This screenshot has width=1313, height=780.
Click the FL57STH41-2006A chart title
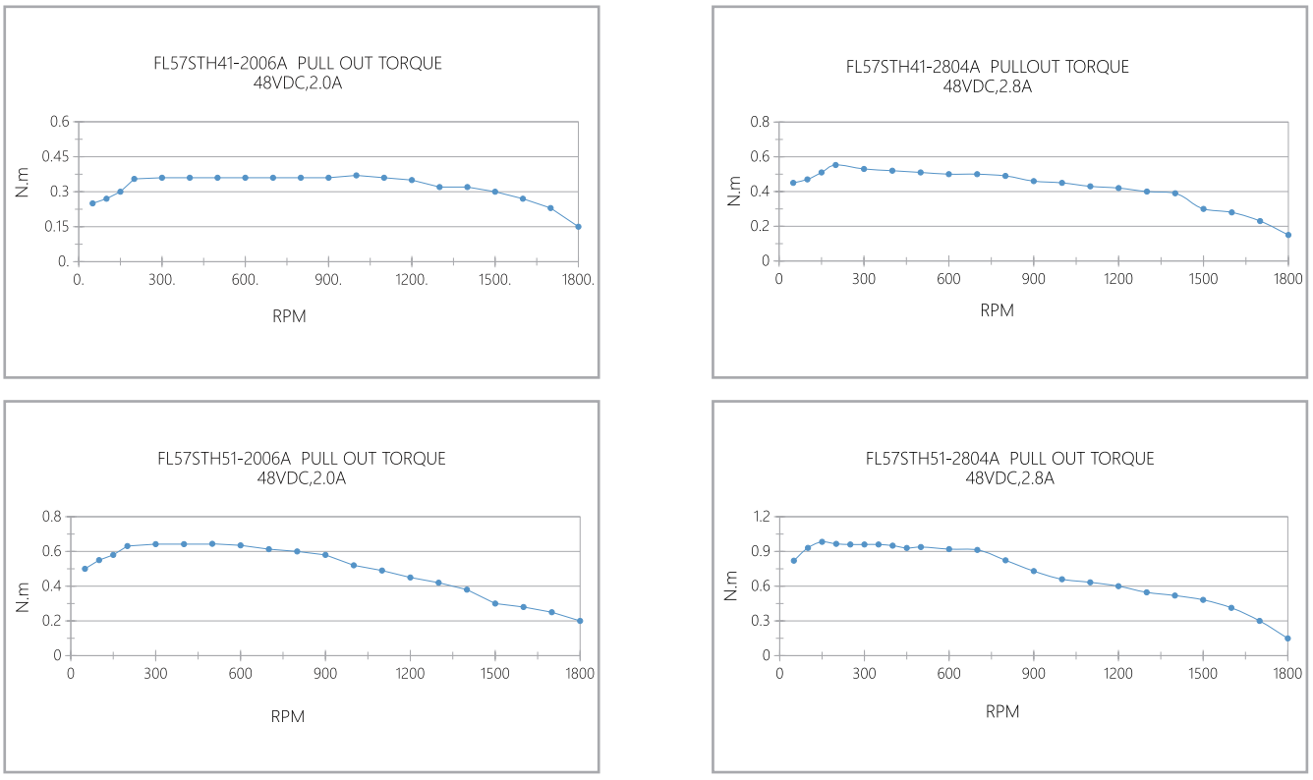[x=293, y=64]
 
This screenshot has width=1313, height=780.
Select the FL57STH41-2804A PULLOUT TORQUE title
[x=987, y=67]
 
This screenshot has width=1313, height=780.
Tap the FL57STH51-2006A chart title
[x=301, y=459]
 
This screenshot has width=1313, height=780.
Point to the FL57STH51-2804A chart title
[x=1009, y=459]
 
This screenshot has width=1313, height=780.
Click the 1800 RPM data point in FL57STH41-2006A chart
[x=578, y=227]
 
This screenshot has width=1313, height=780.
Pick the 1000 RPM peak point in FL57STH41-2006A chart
[x=356, y=175]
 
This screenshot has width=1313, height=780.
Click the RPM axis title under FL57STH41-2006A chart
[x=289, y=315]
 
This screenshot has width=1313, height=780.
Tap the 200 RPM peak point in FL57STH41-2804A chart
[x=835, y=165]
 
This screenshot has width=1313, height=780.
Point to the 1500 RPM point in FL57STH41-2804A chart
[x=1203, y=209]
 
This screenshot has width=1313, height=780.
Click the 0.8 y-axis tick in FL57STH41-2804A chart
[x=760, y=122]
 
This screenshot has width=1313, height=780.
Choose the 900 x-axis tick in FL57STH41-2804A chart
[x=1033, y=279]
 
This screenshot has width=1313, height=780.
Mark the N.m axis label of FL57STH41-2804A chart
[x=733, y=191]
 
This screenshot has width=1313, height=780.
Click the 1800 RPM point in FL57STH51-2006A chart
[x=580, y=621]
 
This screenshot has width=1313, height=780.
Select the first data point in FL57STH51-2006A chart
[x=85, y=569]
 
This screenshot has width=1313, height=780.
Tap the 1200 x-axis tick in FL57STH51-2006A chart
[x=410, y=674]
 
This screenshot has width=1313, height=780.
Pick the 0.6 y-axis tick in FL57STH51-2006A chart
[x=53, y=551]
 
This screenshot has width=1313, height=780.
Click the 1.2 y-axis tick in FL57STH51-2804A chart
[x=760, y=517]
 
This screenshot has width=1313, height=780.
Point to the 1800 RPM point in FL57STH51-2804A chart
[x=1287, y=639]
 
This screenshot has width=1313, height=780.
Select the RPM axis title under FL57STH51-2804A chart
[x=1002, y=711]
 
